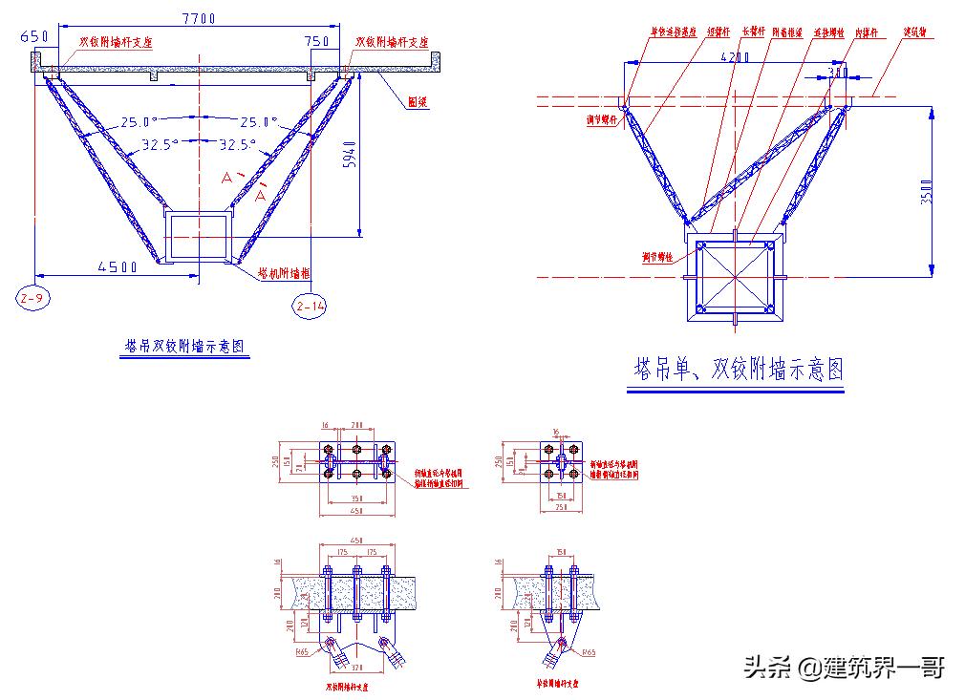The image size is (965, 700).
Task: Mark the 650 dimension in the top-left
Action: (x=32, y=37)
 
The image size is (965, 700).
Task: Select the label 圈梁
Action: (x=416, y=102)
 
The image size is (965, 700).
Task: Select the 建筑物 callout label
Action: (x=918, y=32)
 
